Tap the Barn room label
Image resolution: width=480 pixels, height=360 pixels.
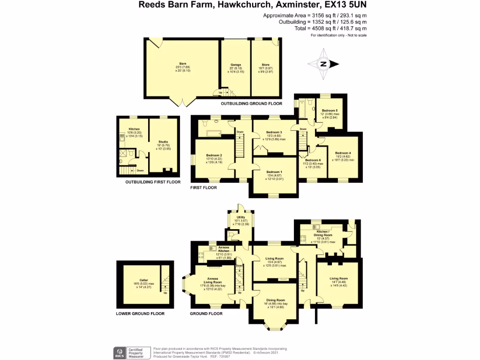[182, 63]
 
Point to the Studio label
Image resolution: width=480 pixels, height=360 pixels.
[163, 142]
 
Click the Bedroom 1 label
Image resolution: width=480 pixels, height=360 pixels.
[274, 172]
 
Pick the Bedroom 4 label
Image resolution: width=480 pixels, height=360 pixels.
[343, 153]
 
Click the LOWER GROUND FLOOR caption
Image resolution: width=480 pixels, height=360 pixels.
[140, 314]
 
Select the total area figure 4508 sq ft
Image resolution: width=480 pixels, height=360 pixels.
[322, 29]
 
